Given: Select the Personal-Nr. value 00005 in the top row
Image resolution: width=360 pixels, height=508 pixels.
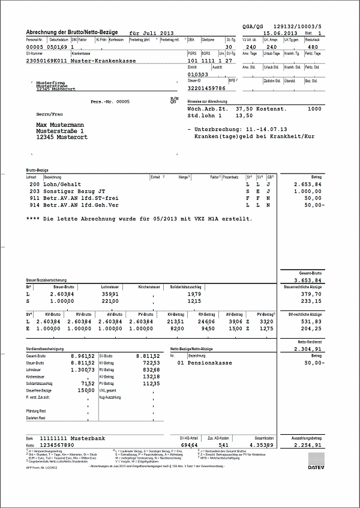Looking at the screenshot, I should click(35, 46).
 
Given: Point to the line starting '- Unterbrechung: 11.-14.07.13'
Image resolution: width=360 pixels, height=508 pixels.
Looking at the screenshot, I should click(237, 129).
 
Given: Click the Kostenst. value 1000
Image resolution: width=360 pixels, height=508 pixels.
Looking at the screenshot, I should click(314, 109).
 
